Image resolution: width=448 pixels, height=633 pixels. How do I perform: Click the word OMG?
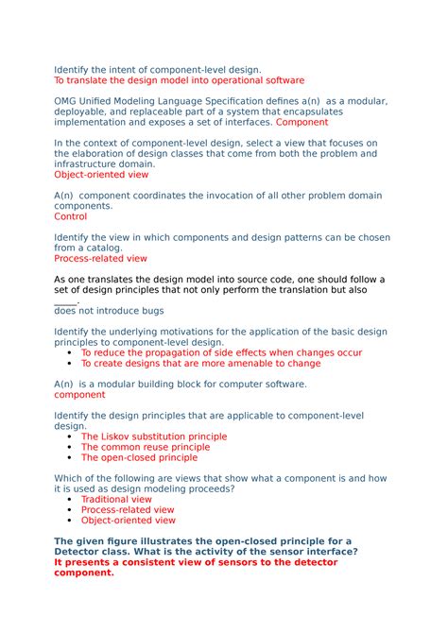pos(67,101)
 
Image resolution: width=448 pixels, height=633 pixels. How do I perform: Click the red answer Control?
pos(70,216)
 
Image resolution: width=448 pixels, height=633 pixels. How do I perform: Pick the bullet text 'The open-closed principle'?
pos(139,457)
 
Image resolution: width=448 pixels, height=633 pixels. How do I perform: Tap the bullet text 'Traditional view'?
pos(116,499)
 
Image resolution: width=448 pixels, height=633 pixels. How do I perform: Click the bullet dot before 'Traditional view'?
pos(72,500)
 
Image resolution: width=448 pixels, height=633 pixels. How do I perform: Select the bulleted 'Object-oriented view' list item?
pos(128,520)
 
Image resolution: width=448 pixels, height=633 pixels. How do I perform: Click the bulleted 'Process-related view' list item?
pos(127,509)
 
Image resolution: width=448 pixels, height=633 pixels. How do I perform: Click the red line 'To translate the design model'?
pos(179,80)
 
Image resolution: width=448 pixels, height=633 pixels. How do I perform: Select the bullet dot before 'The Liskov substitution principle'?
pos(72,437)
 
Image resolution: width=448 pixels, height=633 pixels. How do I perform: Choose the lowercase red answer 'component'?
pos(79,395)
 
